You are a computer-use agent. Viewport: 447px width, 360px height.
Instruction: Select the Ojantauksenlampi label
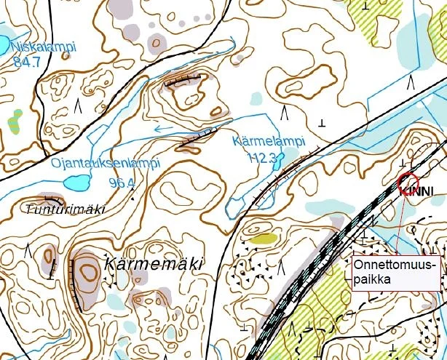(x=105, y=163)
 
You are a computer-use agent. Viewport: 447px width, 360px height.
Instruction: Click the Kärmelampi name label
(x=269, y=141)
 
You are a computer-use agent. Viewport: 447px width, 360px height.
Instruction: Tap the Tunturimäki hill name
(x=65, y=209)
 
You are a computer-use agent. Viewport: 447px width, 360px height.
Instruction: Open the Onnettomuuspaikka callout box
(x=395, y=272)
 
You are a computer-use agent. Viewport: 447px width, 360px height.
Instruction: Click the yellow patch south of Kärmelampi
(x=264, y=238)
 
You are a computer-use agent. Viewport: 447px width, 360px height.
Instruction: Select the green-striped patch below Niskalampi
(x=15, y=121)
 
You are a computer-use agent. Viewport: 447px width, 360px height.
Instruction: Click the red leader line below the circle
(x=403, y=218)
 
